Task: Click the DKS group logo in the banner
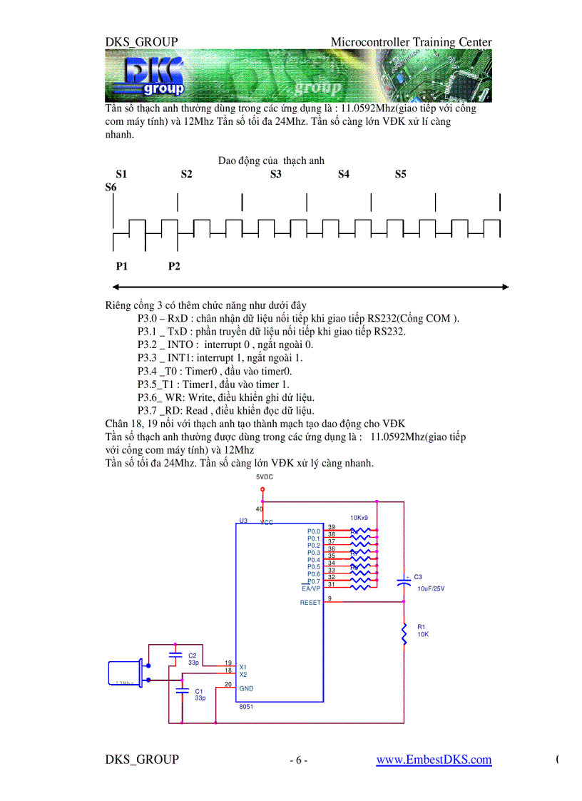153,76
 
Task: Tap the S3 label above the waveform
276,174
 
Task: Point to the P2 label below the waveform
174,266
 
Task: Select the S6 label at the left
111,187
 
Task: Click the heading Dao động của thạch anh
271,160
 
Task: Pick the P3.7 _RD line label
163,410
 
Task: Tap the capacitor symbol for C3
404,581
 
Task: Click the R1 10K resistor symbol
404,633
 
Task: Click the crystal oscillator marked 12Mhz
125,674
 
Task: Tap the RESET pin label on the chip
310,603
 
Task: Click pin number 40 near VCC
259,509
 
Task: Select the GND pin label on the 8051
247,688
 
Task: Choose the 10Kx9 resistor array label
359,518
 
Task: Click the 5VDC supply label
265,476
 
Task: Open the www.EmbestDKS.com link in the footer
434,760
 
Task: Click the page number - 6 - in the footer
298,760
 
